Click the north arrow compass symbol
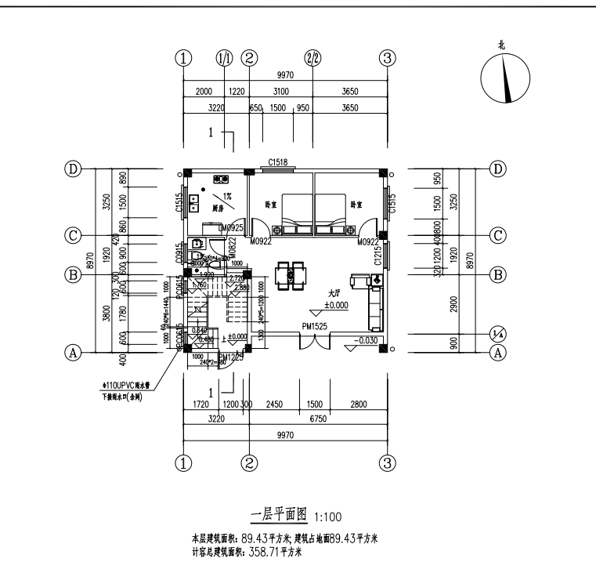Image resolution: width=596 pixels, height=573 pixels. pyautogui.click(x=503, y=79)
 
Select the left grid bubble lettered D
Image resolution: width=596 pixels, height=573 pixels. pyautogui.click(x=74, y=169)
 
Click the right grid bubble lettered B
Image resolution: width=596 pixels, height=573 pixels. pyautogui.click(x=497, y=275)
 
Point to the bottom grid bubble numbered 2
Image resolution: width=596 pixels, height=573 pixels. pyautogui.click(x=249, y=462)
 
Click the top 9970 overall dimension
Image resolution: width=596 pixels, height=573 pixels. pyautogui.click(x=285, y=76)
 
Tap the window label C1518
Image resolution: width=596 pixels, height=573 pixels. pyautogui.click(x=278, y=161)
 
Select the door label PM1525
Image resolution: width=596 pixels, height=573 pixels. pyautogui.click(x=314, y=325)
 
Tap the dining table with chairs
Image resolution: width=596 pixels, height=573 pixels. pyautogui.click(x=292, y=275)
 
